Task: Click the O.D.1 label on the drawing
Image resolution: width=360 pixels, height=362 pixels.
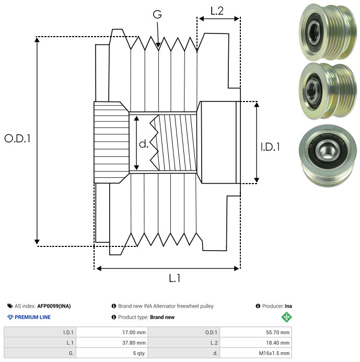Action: tap(17, 138)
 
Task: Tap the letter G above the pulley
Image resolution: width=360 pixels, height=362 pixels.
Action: tap(157, 14)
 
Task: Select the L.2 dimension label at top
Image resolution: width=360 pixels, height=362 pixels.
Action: tap(217, 11)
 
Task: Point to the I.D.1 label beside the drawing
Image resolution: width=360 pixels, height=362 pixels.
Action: tap(270, 147)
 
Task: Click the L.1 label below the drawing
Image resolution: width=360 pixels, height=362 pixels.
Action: tap(175, 278)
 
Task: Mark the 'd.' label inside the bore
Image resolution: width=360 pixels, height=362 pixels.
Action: tap(144, 144)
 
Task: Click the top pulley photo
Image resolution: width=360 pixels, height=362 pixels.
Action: tap(328, 32)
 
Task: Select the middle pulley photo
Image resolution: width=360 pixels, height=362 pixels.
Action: tap(328, 90)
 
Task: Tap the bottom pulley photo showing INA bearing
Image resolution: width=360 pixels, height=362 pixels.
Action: tap(328, 155)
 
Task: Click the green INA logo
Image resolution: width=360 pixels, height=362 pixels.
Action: tap(286, 317)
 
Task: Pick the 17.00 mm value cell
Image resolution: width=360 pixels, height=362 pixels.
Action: tap(112, 332)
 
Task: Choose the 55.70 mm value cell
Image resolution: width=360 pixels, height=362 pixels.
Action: tap(256, 332)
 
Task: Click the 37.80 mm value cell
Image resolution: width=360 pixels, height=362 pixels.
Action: tap(112, 343)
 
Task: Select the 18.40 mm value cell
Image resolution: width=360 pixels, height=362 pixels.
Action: tap(256, 343)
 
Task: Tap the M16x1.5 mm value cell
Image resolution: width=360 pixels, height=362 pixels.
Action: tap(256, 353)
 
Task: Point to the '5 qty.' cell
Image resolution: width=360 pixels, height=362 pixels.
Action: tap(112, 353)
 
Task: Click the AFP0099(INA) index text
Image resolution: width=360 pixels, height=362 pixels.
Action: tap(54, 306)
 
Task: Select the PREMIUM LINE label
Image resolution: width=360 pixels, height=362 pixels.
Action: tap(32, 317)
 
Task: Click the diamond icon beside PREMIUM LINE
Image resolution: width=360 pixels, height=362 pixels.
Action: tap(10, 317)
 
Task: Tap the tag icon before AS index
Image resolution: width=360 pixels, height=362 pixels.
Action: tap(10, 306)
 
